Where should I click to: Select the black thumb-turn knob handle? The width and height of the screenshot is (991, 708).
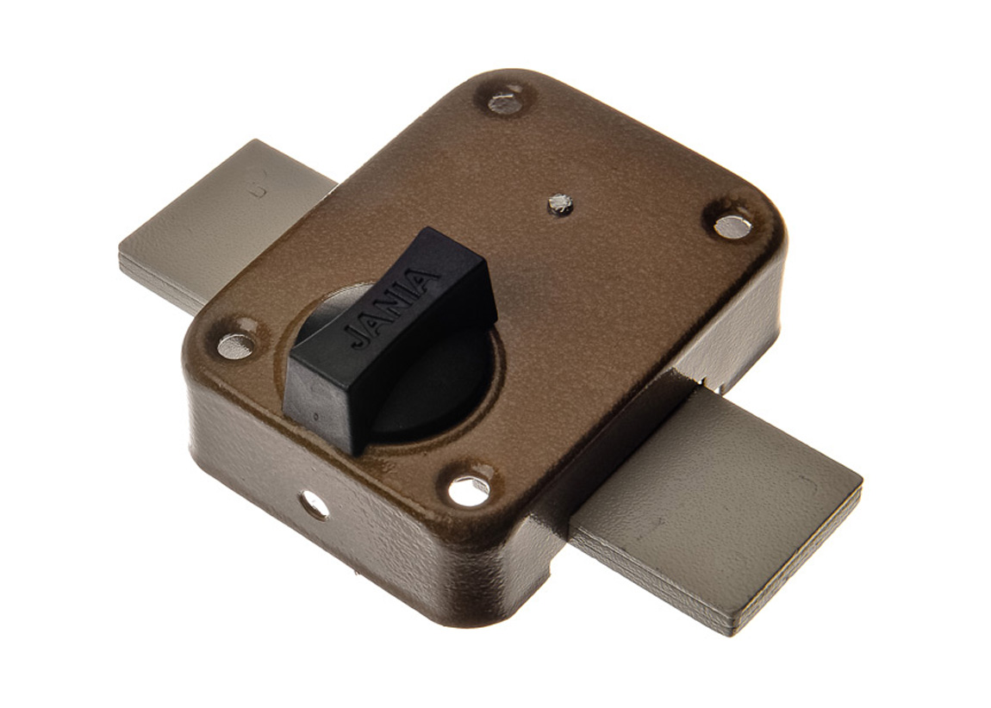[x=388, y=340]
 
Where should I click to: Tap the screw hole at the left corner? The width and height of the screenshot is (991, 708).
[x=238, y=344]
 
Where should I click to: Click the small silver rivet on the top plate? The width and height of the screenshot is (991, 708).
[x=559, y=202]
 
